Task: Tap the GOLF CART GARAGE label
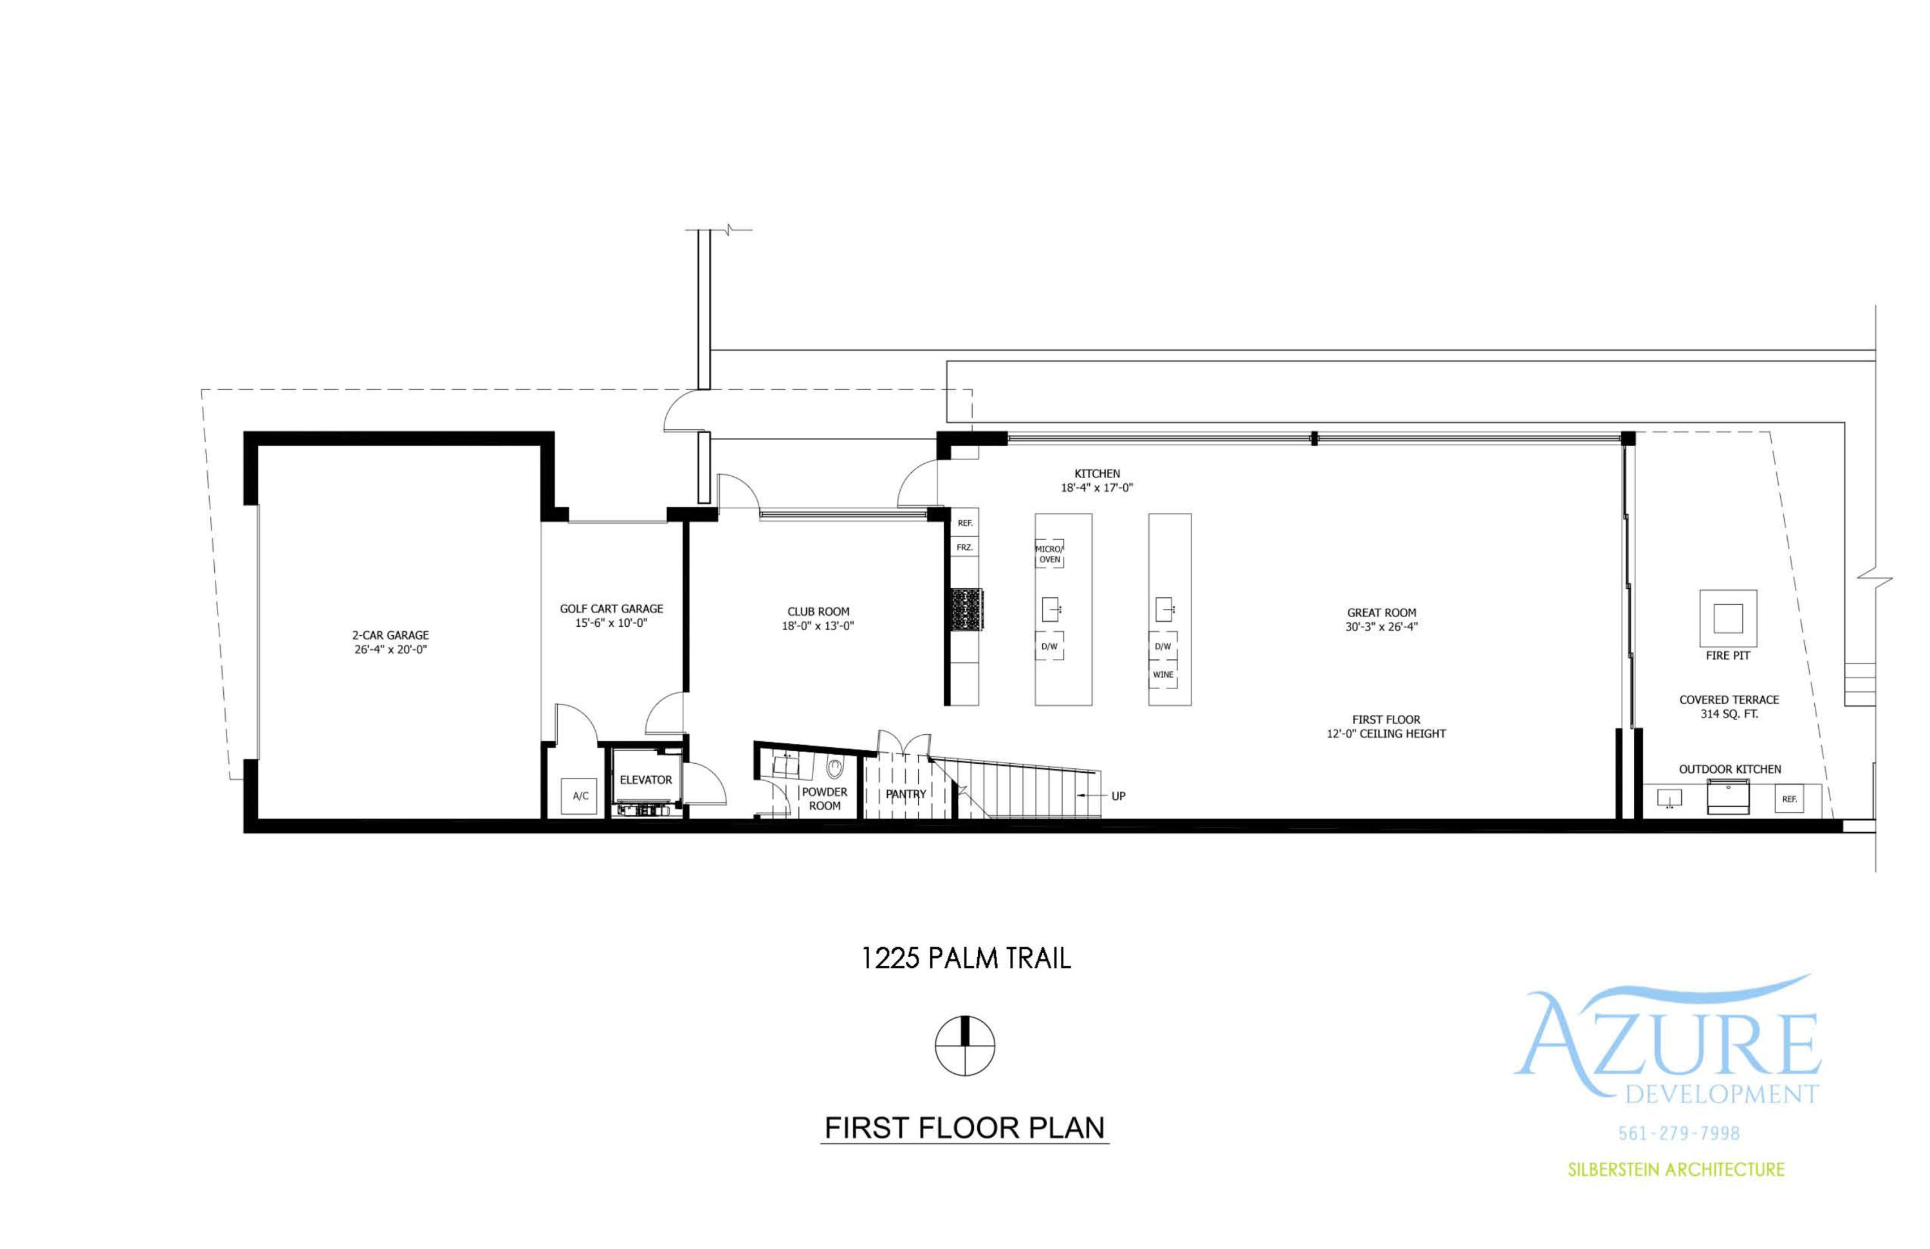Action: click(x=611, y=608)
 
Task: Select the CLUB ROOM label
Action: click(x=818, y=611)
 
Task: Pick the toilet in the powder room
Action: click(x=834, y=766)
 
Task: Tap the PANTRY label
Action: click(x=906, y=794)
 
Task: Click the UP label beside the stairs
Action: click(x=1118, y=797)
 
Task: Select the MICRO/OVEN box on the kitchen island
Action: click(x=1049, y=554)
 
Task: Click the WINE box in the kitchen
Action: click(x=1163, y=675)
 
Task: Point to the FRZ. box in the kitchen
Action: click(x=964, y=548)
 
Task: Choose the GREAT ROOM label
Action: click(x=1382, y=613)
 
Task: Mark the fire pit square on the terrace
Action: click(x=1728, y=619)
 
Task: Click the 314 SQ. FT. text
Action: click(x=1729, y=714)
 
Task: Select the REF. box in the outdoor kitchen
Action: click(x=1789, y=799)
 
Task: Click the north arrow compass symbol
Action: click(x=965, y=1046)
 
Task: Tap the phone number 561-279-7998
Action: click(x=1678, y=1134)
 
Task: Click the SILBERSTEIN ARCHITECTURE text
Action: click(x=1676, y=1169)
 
